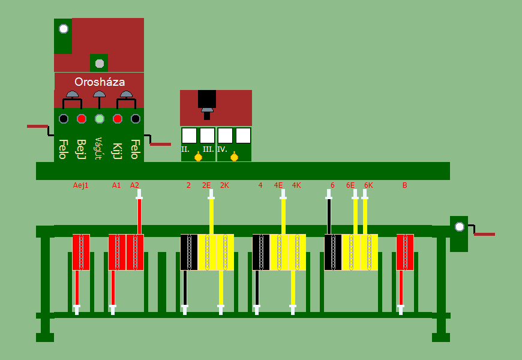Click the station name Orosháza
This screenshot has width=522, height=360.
click(x=100, y=82)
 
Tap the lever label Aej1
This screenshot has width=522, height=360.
click(x=80, y=185)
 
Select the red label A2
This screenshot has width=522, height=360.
click(x=134, y=185)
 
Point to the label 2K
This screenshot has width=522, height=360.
click(x=224, y=185)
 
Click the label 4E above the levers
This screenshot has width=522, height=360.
click(x=278, y=185)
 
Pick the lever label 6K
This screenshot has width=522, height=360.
click(x=368, y=185)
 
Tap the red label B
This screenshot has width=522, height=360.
click(x=404, y=185)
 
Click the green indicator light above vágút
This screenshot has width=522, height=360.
click(x=100, y=119)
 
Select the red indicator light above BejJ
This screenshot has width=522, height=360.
click(x=82, y=119)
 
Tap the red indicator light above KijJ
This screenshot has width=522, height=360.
click(x=118, y=119)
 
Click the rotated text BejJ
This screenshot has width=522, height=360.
click(x=82, y=149)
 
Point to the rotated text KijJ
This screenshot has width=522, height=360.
click(x=118, y=149)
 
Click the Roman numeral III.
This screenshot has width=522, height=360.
click(x=208, y=149)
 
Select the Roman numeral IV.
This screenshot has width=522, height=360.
click(x=222, y=149)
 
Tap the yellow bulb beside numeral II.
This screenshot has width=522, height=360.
click(x=198, y=157)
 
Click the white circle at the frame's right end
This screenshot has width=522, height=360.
click(x=460, y=227)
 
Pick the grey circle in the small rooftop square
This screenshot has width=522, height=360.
click(x=100, y=64)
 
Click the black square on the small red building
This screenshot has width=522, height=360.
click(x=207, y=98)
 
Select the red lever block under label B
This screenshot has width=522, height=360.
click(x=405, y=252)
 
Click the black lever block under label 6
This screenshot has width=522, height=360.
click(x=333, y=252)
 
